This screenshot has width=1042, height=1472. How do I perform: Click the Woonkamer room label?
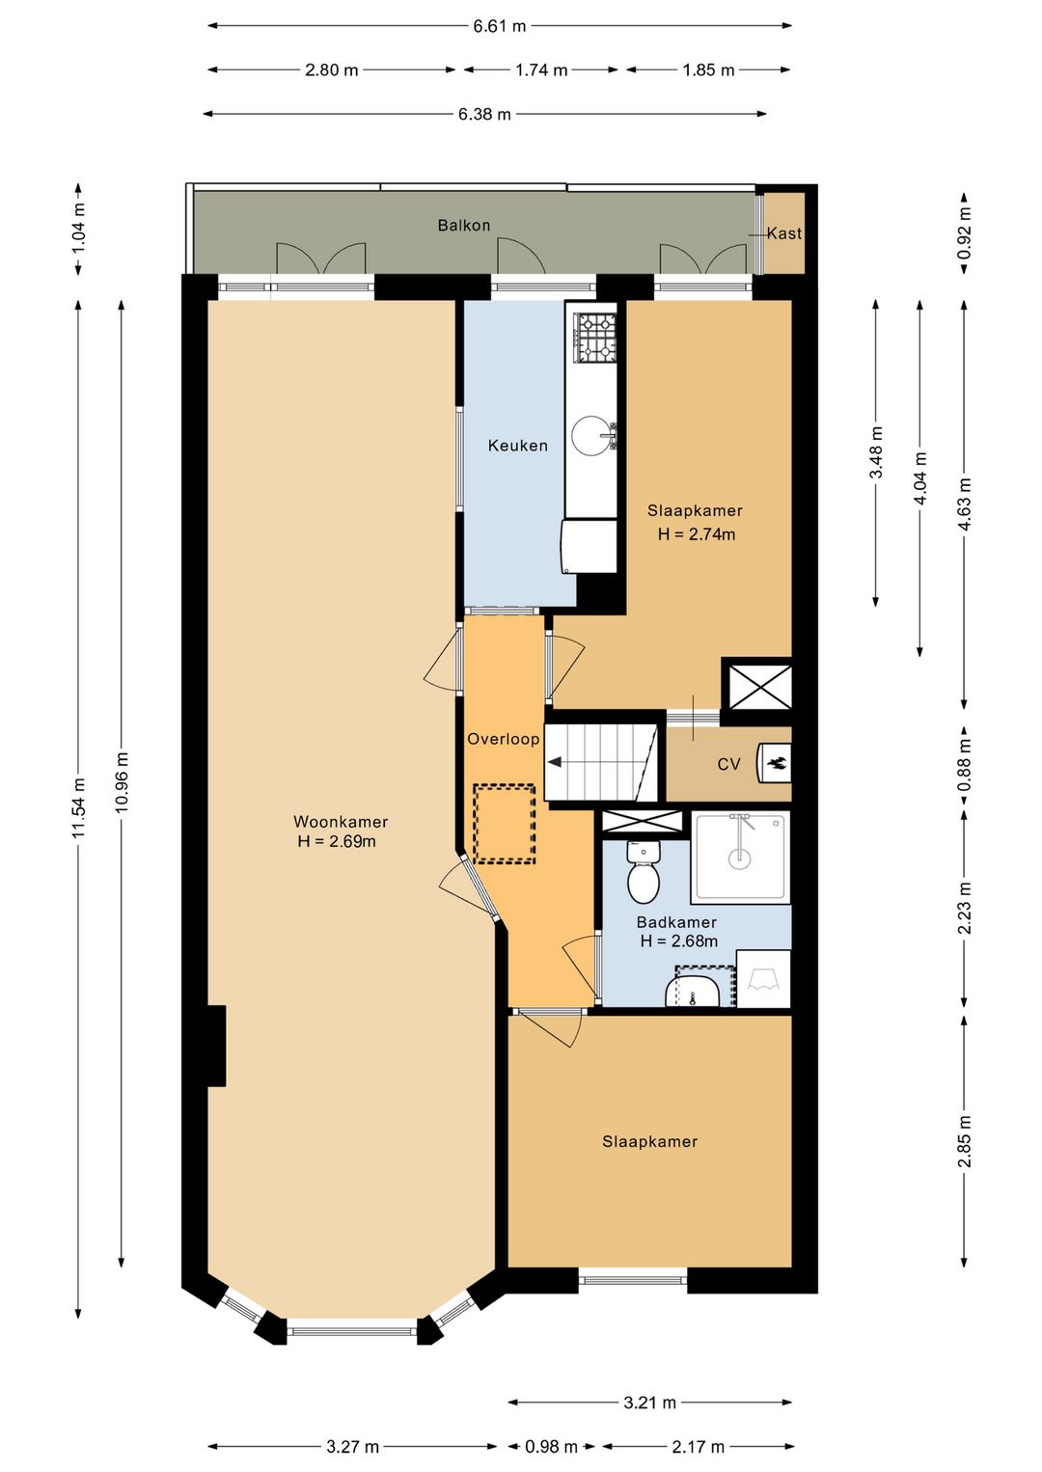point(341,822)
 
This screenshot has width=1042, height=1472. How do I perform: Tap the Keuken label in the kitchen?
point(517,446)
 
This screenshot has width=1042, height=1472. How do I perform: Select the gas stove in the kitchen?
point(596,338)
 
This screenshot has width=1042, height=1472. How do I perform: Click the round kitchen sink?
point(590,434)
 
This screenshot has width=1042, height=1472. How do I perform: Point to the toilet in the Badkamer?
point(644,872)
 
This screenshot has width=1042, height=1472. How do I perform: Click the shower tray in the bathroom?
point(740,858)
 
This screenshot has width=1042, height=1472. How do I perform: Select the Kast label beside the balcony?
point(784,233)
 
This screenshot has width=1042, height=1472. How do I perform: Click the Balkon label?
point(464,226)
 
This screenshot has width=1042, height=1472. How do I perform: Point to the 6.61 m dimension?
point(500,26)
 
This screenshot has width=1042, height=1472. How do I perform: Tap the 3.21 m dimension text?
point(649,1360)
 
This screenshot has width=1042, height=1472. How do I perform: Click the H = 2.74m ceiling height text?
point(697,534)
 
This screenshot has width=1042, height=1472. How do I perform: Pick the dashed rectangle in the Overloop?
point(505,824)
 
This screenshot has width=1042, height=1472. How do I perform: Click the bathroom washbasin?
point(693,992)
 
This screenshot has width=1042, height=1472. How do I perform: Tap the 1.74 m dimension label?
point(541,69)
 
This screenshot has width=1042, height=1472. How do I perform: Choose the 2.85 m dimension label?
point(964,1142)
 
